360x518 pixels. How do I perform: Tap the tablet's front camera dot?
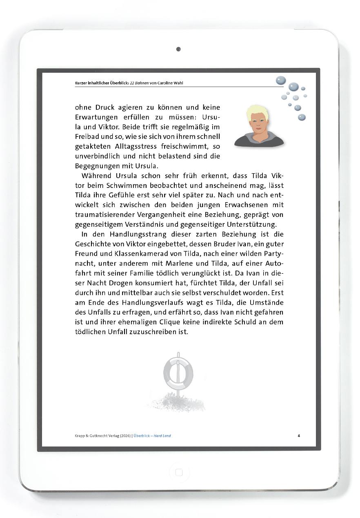pos(178,49)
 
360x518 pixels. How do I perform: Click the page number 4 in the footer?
pos(299,435)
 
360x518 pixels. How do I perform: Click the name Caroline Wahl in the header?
pos(170,83)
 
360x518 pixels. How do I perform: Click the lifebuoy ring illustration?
pos(178,373)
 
